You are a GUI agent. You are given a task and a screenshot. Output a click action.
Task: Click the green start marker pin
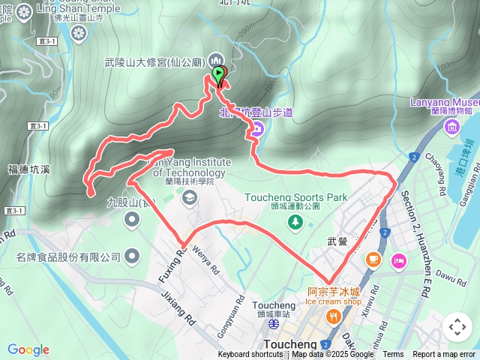click(218, 74)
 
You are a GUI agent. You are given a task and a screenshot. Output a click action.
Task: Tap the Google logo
click(28, 349)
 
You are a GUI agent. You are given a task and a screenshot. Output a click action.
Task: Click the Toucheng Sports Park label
click(296, 198)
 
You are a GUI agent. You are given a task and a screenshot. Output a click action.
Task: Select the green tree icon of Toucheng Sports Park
click(296, 221)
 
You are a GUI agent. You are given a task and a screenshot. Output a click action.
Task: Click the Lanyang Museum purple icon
click(451, 127)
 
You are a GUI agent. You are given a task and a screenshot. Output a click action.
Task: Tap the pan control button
click(457, 327)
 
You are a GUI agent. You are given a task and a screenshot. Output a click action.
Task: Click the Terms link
click(393, 355)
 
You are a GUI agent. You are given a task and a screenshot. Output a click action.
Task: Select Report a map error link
click(445, 355)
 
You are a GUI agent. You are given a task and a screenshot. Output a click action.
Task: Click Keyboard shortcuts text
click(250, 355)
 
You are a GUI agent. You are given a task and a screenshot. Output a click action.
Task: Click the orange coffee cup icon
click(373, 259)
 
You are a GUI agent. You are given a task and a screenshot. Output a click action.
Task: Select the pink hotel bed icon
click(398, 260)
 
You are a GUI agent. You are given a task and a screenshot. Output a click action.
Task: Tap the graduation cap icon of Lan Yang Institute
click(189, 197)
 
